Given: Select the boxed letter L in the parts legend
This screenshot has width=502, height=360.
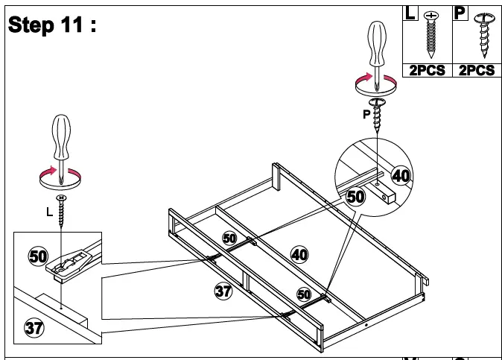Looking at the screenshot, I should pos(410,13).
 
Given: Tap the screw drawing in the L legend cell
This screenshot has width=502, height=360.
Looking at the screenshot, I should pos(430,33).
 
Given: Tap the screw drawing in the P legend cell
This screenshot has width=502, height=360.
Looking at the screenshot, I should pos(483,34).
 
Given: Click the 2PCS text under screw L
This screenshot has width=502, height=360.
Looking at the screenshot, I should pos(426,70).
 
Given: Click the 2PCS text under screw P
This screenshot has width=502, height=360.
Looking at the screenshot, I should pos(476,70).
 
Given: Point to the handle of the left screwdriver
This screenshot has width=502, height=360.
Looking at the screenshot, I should pos(61,135).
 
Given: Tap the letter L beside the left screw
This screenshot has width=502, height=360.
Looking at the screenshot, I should pos(49,212).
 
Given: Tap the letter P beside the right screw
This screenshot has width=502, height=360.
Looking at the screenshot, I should pos(366,115).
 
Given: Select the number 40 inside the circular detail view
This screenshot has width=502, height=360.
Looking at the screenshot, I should pos(401,175).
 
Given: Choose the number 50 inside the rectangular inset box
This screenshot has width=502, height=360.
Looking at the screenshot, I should pos(38,256).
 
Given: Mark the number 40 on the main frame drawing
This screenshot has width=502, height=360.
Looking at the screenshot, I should pos(299,254).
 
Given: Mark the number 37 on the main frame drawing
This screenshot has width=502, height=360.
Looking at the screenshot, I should pos(223,291).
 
